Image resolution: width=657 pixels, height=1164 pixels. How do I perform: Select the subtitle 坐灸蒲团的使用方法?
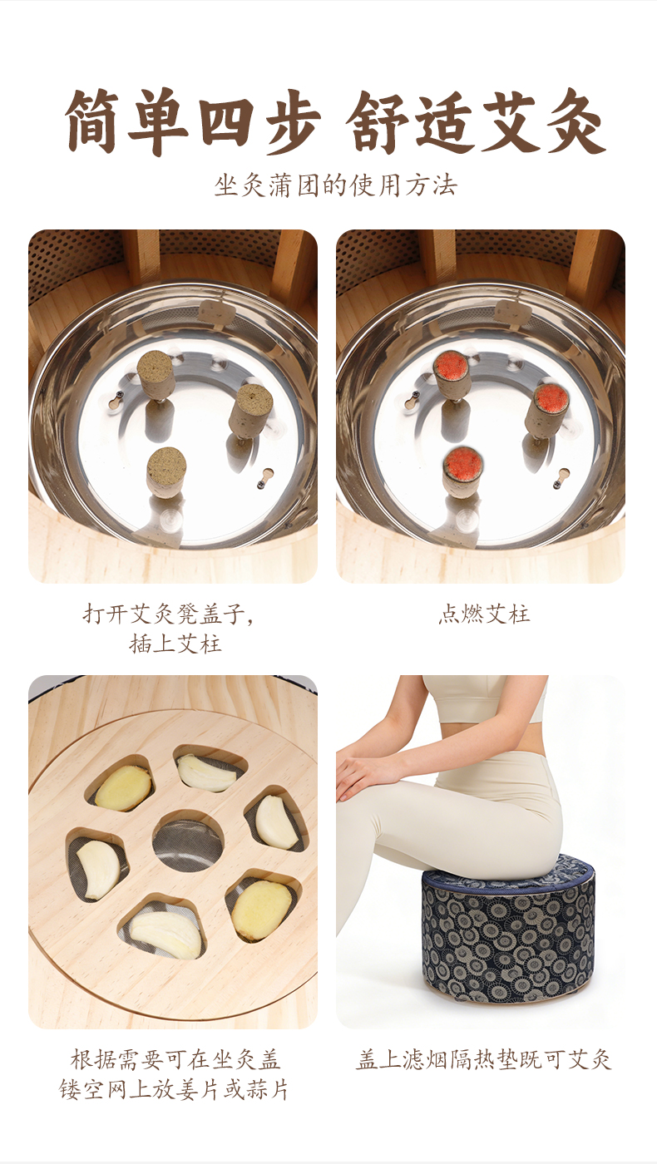(x=336, y=185)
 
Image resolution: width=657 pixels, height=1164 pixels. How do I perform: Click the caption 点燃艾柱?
(x=483, y=614)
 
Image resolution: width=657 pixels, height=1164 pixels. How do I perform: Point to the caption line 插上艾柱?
(x=175, y=644)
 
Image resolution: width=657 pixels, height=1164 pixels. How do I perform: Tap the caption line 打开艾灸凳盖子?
(x=168, y=614)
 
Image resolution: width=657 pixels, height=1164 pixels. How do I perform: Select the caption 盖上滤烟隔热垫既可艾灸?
(x=483, y=1059)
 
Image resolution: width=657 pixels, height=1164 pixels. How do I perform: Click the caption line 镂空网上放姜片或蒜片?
(x=174, y=1089)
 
